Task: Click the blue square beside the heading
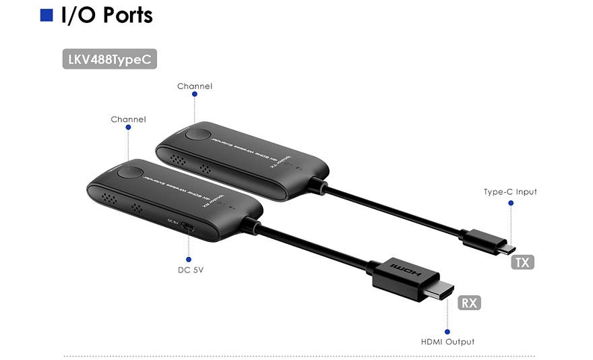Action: [46, 16]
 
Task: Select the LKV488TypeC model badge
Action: [111, 59]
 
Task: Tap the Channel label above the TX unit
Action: [195, 86]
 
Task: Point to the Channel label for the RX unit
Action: [128, 119]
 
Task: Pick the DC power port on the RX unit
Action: [190, 227]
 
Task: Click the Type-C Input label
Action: [510, 192]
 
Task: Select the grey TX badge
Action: [522, 262]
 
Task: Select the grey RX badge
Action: [469, 303]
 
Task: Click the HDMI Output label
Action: [447, 342]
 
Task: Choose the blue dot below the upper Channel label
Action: [195, 96]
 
